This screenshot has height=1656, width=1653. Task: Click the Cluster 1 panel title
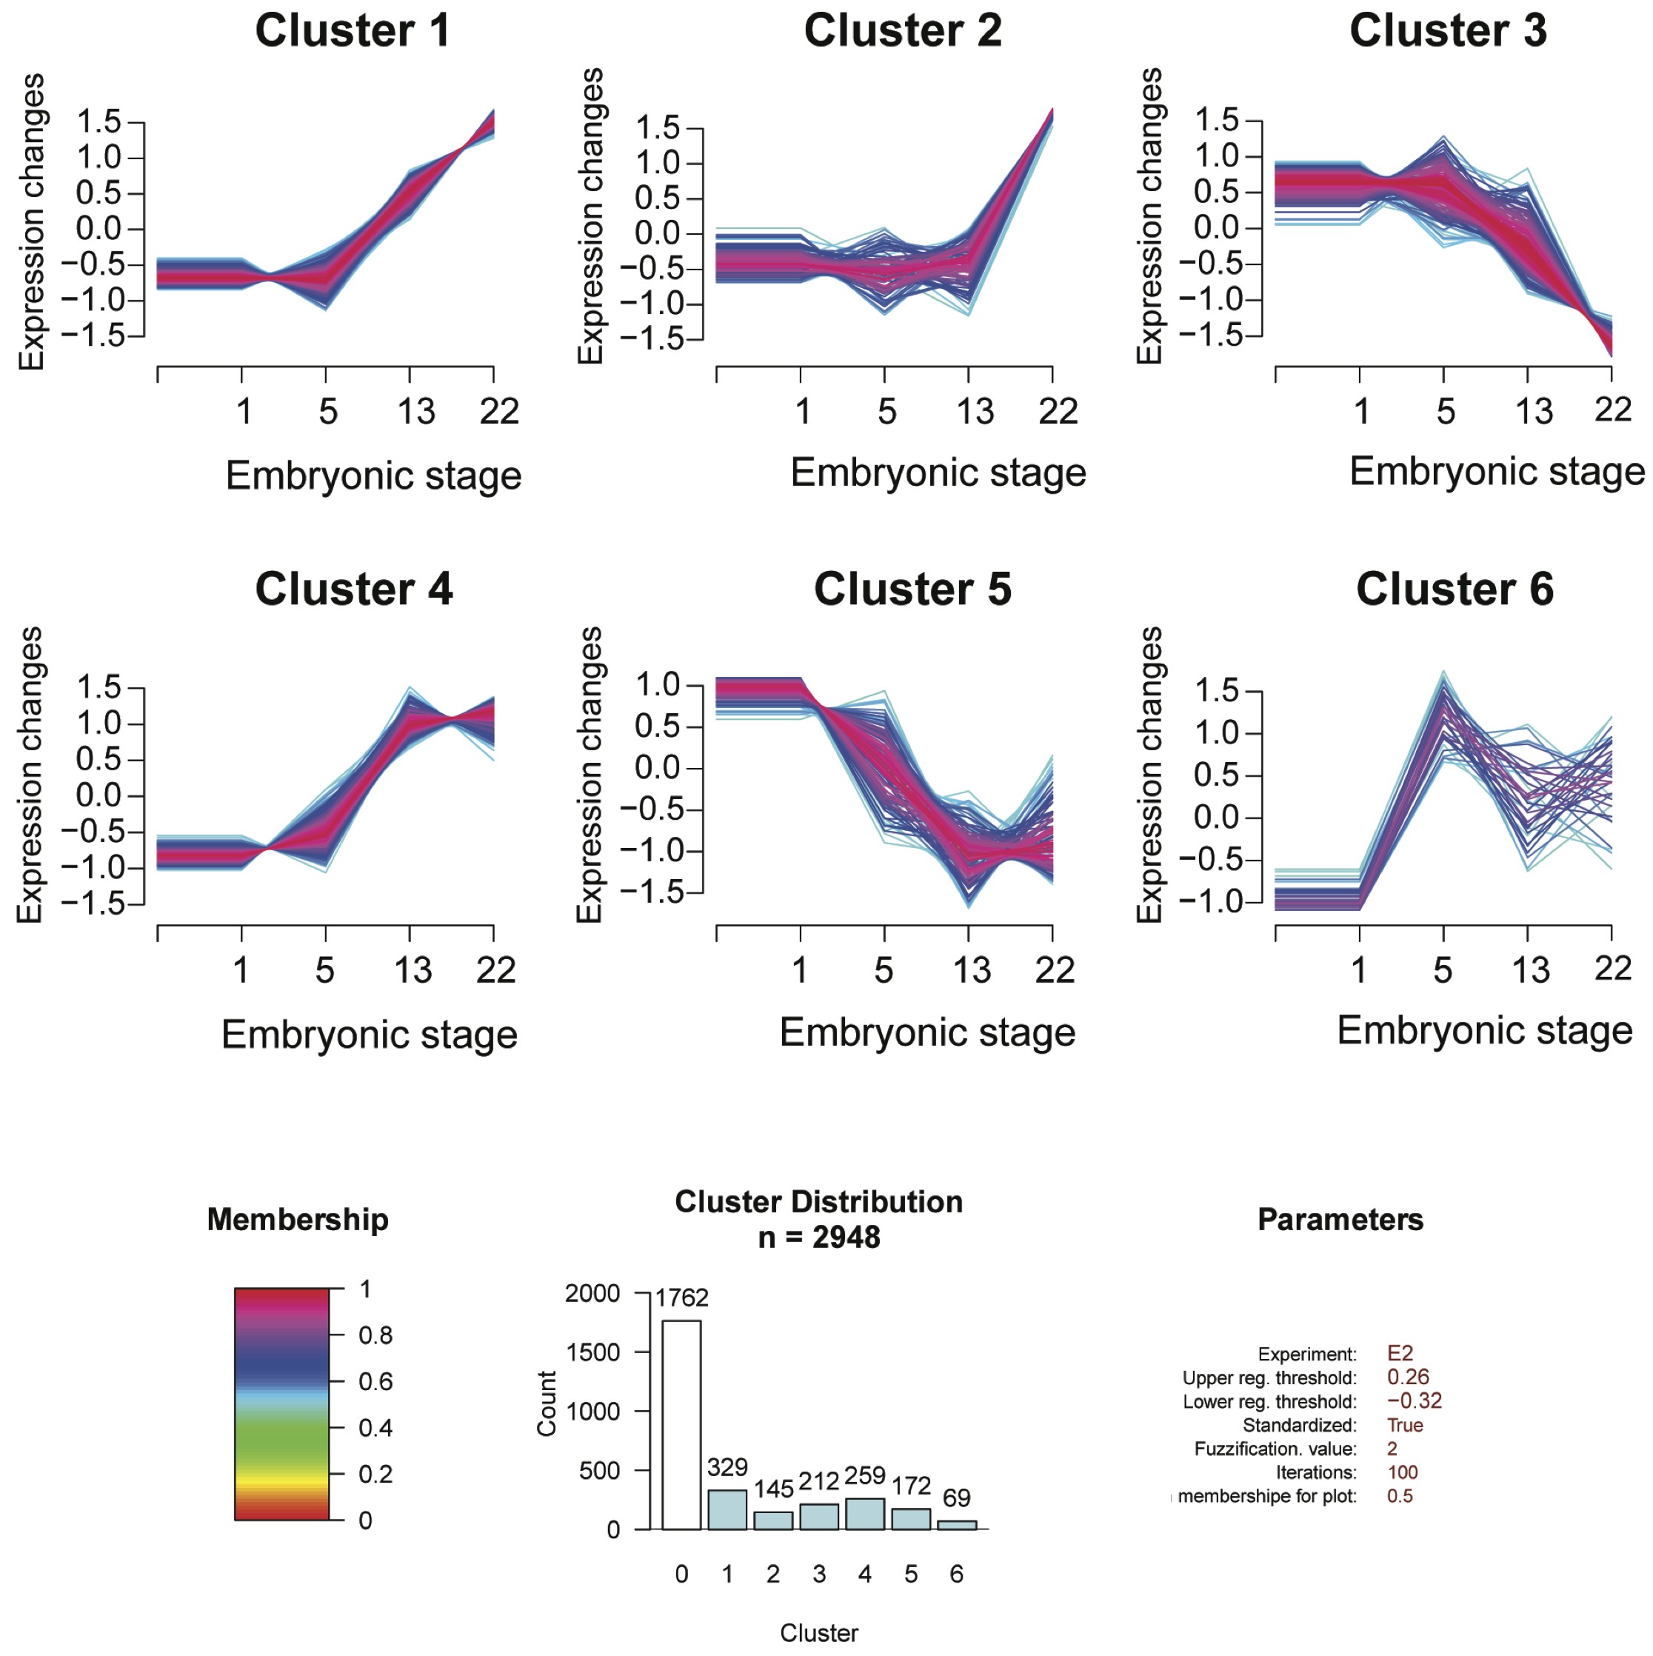pos(353,31)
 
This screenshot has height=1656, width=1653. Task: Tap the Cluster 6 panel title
pos(1455,590)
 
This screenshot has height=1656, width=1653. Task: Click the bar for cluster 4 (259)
pos(864,1514)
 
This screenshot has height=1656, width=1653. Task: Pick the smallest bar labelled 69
pos(956,1525)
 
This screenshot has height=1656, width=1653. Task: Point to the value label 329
pos(727,1466)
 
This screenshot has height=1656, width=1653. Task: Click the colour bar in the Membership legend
pos(282,1404)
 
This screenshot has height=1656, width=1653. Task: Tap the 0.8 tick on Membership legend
pos(375,1335)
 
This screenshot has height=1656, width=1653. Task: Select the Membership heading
pos(298,1220)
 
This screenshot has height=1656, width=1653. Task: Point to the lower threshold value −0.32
pos(1414,1400)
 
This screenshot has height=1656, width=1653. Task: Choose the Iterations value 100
pos(1403,1472)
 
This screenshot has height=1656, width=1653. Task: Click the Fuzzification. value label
pos(1275,1449)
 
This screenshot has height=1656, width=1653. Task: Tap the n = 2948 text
pos(818,1238)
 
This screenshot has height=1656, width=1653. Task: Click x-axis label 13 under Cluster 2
pos(975,413)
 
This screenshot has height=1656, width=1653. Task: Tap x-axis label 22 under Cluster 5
pos(1054,970)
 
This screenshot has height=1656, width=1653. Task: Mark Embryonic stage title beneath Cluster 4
pos(370,1035)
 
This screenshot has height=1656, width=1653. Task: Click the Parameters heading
pos(1340,1220)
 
